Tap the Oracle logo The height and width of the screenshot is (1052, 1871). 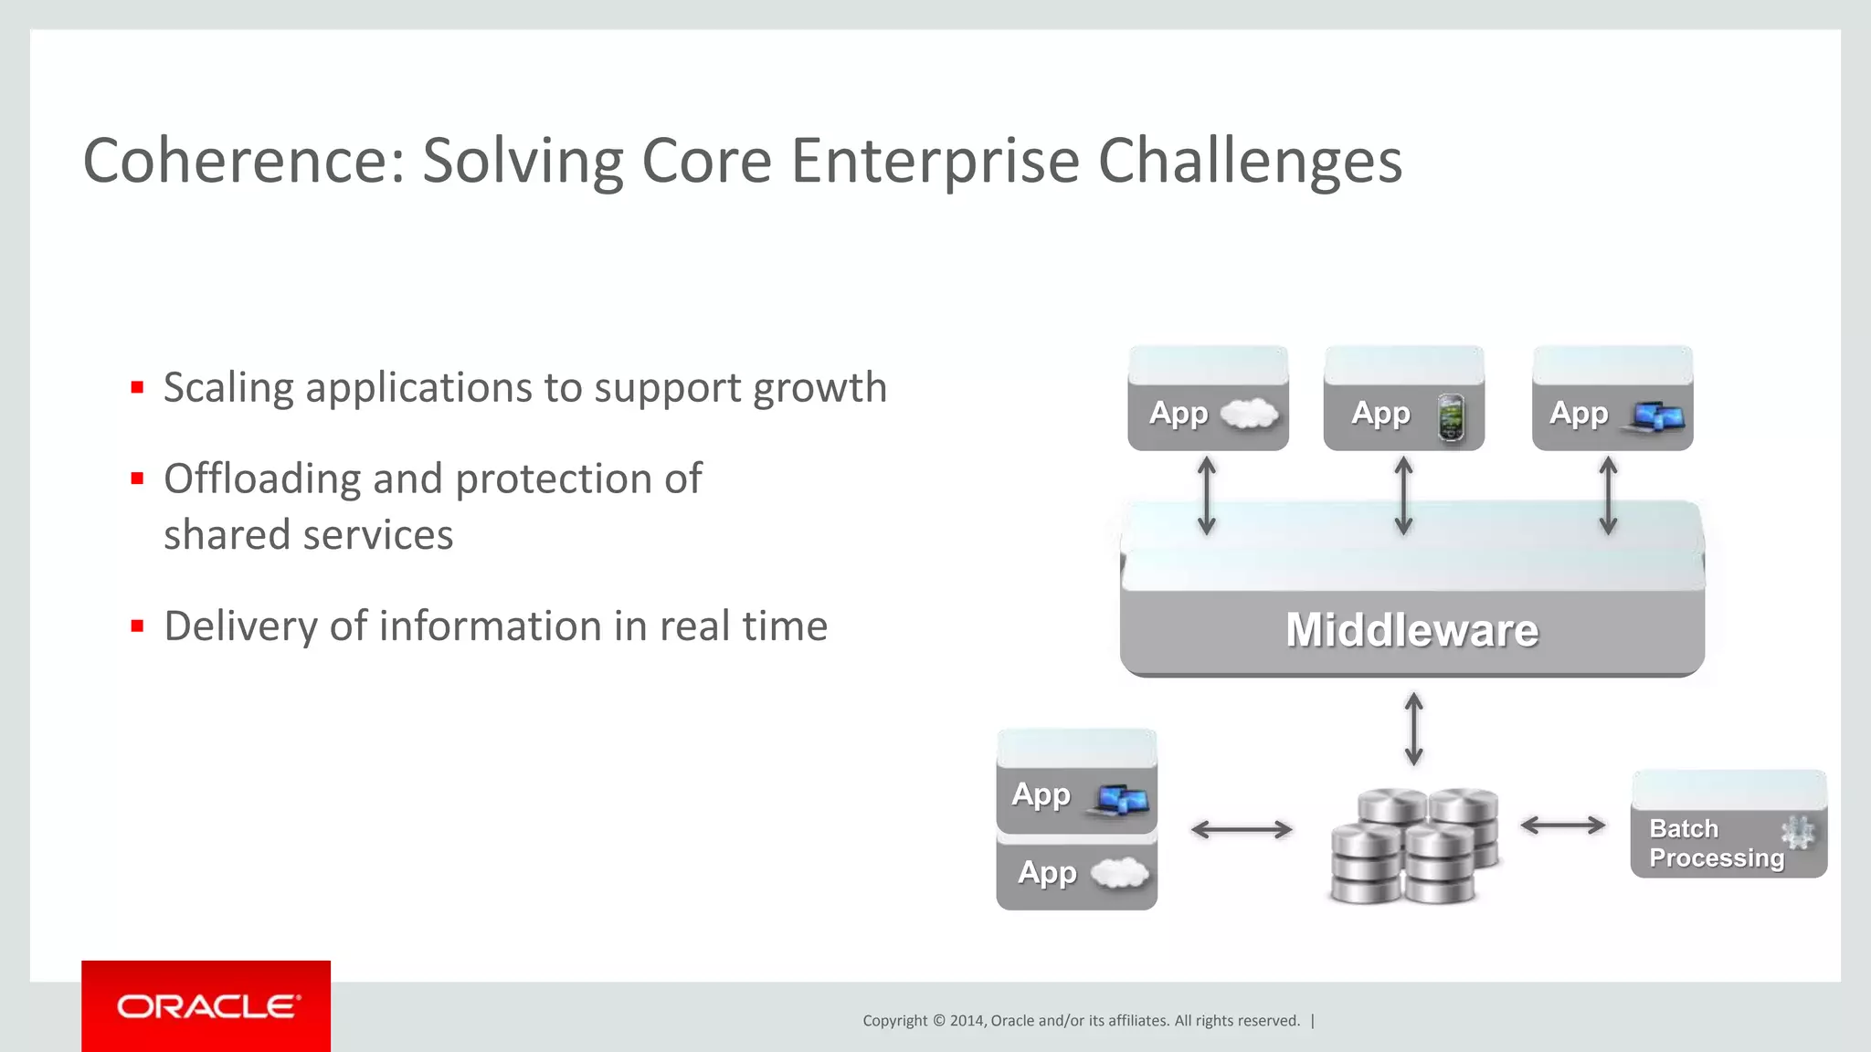click(x=206, y=1006)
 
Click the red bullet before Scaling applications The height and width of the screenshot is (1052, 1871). click(x=138, y=387)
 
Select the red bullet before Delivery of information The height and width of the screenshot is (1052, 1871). click(x=138, y=626)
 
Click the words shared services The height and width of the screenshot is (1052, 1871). click(x=308, y=535)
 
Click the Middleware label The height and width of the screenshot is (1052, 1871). click(x=1411, y=630)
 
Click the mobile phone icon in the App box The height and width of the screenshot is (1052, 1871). click(x=1451, y=417)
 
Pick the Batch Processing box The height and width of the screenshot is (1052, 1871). click(x=1727, y=826)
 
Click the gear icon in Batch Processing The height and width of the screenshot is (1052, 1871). click(x=1797, y=832)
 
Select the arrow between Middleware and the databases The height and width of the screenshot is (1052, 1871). click(x=1413, y=729)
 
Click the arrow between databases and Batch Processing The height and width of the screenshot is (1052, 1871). click(x=1562, y=826)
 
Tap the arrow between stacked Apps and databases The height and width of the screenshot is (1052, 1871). click(x=1242, y=829)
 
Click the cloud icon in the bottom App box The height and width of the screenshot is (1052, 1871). click(x=1119, y=873)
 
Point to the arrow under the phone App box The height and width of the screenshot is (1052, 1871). click(x=1403, y=496)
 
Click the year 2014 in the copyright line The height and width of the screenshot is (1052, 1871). click(x=967, y=1021)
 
